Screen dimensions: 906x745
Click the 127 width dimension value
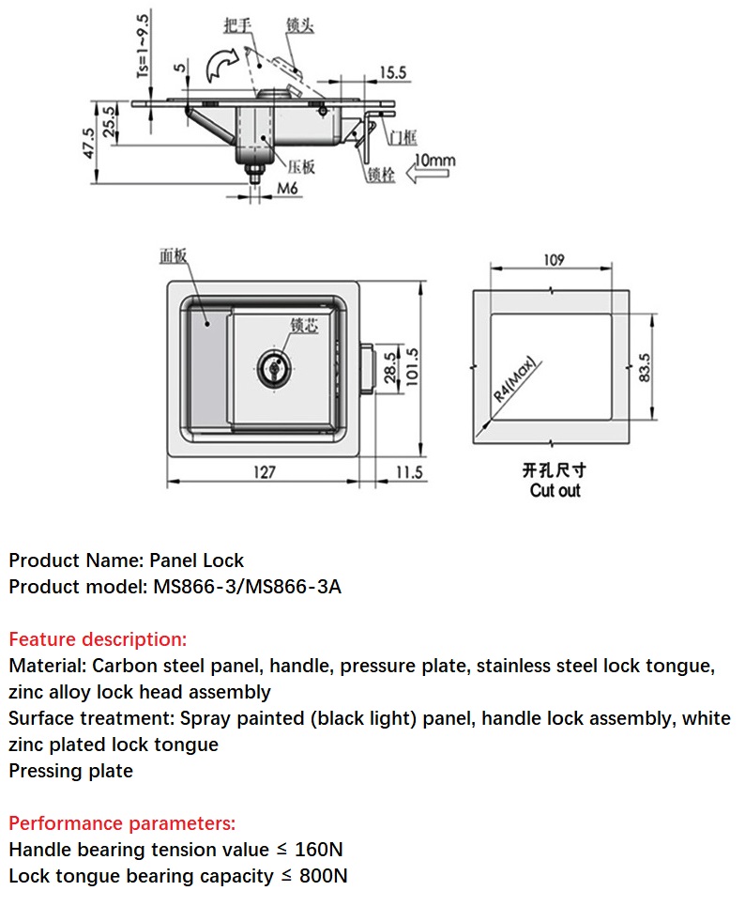point(265,471)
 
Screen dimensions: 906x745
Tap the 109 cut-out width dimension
point(554,260)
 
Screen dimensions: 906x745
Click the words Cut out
point(555,490)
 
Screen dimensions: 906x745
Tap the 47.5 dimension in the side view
point(89,143)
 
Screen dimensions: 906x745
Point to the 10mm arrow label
point(434,161)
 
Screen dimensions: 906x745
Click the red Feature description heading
point(98,639)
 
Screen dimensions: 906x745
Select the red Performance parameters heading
point(122,823)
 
